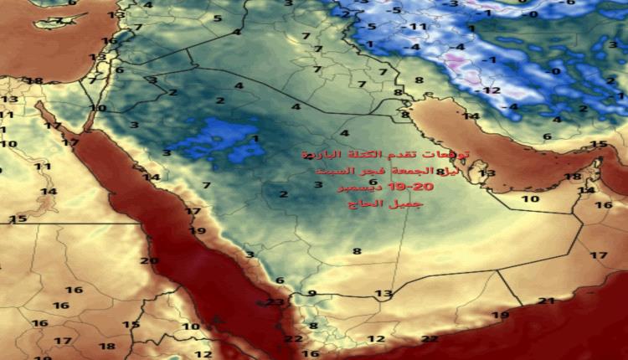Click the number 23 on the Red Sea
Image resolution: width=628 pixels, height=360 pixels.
275,302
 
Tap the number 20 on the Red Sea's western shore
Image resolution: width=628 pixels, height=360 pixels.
149,260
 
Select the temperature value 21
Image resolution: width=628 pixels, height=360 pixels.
546,301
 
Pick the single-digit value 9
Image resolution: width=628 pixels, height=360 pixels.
311,293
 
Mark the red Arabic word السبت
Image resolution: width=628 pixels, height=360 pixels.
322,172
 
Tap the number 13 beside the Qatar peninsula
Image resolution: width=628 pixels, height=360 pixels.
487,173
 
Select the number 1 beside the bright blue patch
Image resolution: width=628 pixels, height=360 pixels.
255,138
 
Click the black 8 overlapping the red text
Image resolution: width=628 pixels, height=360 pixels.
440,172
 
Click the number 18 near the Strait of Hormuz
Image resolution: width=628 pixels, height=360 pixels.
572,177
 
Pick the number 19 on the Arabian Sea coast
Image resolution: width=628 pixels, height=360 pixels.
500,316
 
